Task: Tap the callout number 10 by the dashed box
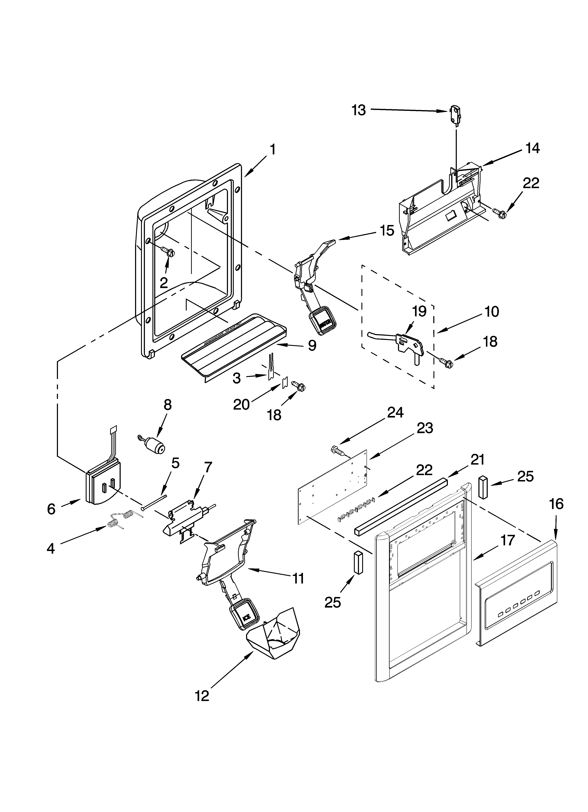click(492, 312)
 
